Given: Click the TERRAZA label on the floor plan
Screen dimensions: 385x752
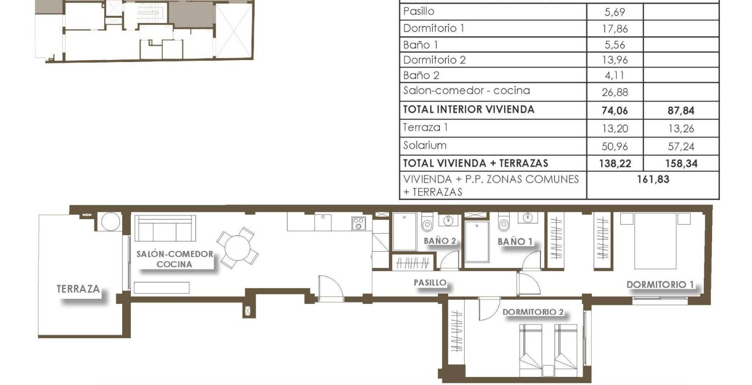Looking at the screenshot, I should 78,289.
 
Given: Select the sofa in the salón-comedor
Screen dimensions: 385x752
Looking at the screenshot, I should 165,229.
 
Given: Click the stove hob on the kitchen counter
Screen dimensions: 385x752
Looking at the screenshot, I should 359,224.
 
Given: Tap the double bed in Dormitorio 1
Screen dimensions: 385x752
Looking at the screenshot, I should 655,241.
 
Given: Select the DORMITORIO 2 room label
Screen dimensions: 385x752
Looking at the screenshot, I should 533,312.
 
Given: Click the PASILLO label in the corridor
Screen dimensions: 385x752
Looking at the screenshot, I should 430,283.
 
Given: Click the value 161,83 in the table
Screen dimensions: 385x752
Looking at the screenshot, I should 653,180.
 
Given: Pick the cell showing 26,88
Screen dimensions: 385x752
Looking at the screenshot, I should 615,93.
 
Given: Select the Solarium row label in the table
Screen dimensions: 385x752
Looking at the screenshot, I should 425,146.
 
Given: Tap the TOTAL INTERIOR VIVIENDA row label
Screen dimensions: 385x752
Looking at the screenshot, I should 468,110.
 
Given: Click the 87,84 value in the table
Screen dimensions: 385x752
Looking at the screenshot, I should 681,110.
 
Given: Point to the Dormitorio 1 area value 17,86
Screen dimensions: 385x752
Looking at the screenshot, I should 615,29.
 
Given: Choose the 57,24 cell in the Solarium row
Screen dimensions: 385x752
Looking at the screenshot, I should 681,147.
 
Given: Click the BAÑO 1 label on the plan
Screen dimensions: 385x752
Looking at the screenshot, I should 515,242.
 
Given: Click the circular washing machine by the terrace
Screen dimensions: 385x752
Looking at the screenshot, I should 110,222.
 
